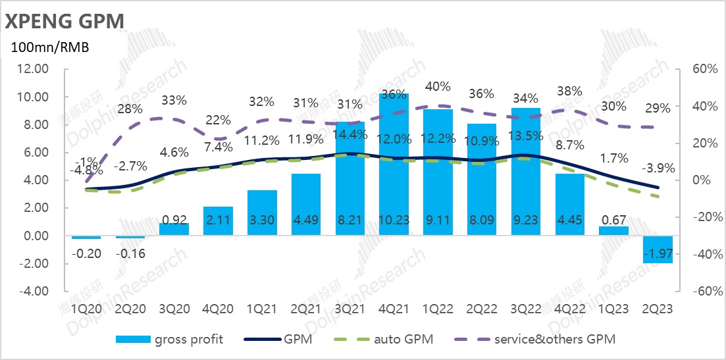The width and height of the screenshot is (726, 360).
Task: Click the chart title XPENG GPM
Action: point(65,21)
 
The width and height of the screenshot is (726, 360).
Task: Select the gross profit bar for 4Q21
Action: point(394,165)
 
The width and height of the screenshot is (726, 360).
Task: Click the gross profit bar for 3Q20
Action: point(174,230)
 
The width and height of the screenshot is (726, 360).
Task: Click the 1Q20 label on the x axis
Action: point(86,307)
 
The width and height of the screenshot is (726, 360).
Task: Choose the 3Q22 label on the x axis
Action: point(525,307)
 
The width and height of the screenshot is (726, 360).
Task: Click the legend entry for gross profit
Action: point(169,339)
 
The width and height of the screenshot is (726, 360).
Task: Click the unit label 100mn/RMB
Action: point(49,47)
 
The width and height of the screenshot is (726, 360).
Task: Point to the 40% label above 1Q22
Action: point(438,86)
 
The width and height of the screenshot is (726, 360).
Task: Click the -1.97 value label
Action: point(657,254)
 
